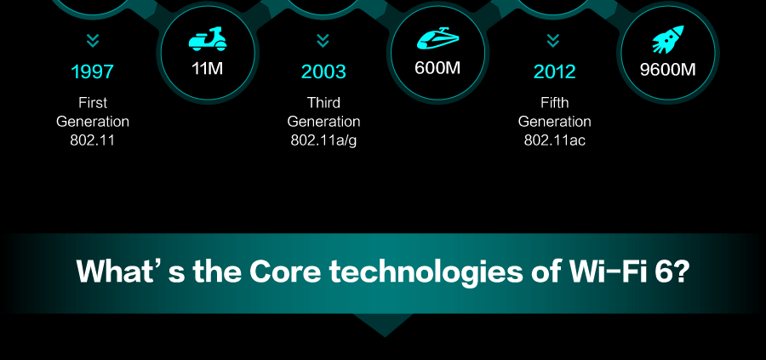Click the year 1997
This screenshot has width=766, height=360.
(92, 71)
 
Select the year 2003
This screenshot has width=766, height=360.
(323, 71)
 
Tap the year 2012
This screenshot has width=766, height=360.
(554, 71)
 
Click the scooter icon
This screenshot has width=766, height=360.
(208, 38)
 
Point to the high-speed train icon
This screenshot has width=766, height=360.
(437, 37)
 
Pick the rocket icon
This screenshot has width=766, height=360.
(668, 39)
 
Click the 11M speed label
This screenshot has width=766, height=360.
(208, 68)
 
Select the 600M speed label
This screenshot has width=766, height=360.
(437, 68)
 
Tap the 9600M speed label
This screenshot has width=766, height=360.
(668, 70)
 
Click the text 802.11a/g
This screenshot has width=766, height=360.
(323, 140)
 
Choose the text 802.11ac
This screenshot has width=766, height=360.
(554, 140)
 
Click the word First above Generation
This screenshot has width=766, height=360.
(92, 103)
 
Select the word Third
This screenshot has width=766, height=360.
(323, 103)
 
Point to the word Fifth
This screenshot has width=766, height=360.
(554, 103)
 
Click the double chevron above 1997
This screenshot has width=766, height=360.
(92, 41)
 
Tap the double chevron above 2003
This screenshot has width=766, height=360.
(323, 41)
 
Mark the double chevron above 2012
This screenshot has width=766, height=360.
(553, 41)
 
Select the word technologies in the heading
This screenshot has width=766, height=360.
(426, 272)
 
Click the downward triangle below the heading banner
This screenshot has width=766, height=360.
(384, 323)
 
